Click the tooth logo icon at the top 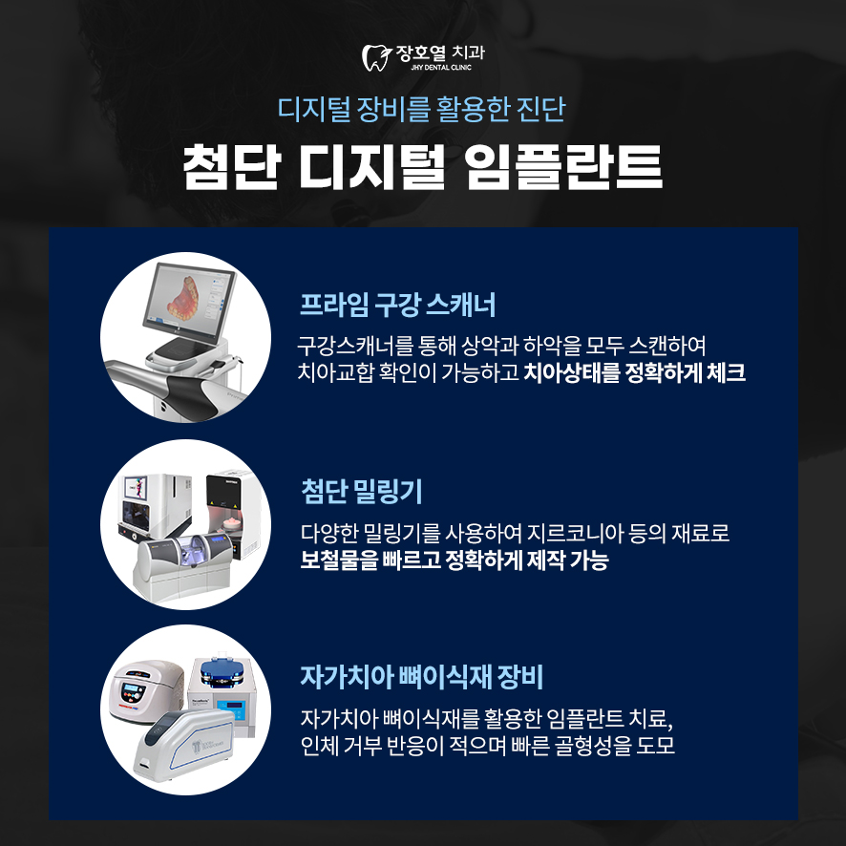coord(375,57)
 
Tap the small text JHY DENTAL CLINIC coord(441,68)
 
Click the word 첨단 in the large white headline coord(232,166)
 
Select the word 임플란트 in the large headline coord(563,166)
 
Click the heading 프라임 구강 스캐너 coord(397,305)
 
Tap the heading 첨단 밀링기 coord(362,491)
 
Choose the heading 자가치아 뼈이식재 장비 coord(421,677)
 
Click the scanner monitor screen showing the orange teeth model coord(189,300)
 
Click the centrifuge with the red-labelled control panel coord(146,689)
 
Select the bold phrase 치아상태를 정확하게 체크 coord(634,372)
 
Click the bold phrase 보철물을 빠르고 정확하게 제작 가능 coord(455,560)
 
